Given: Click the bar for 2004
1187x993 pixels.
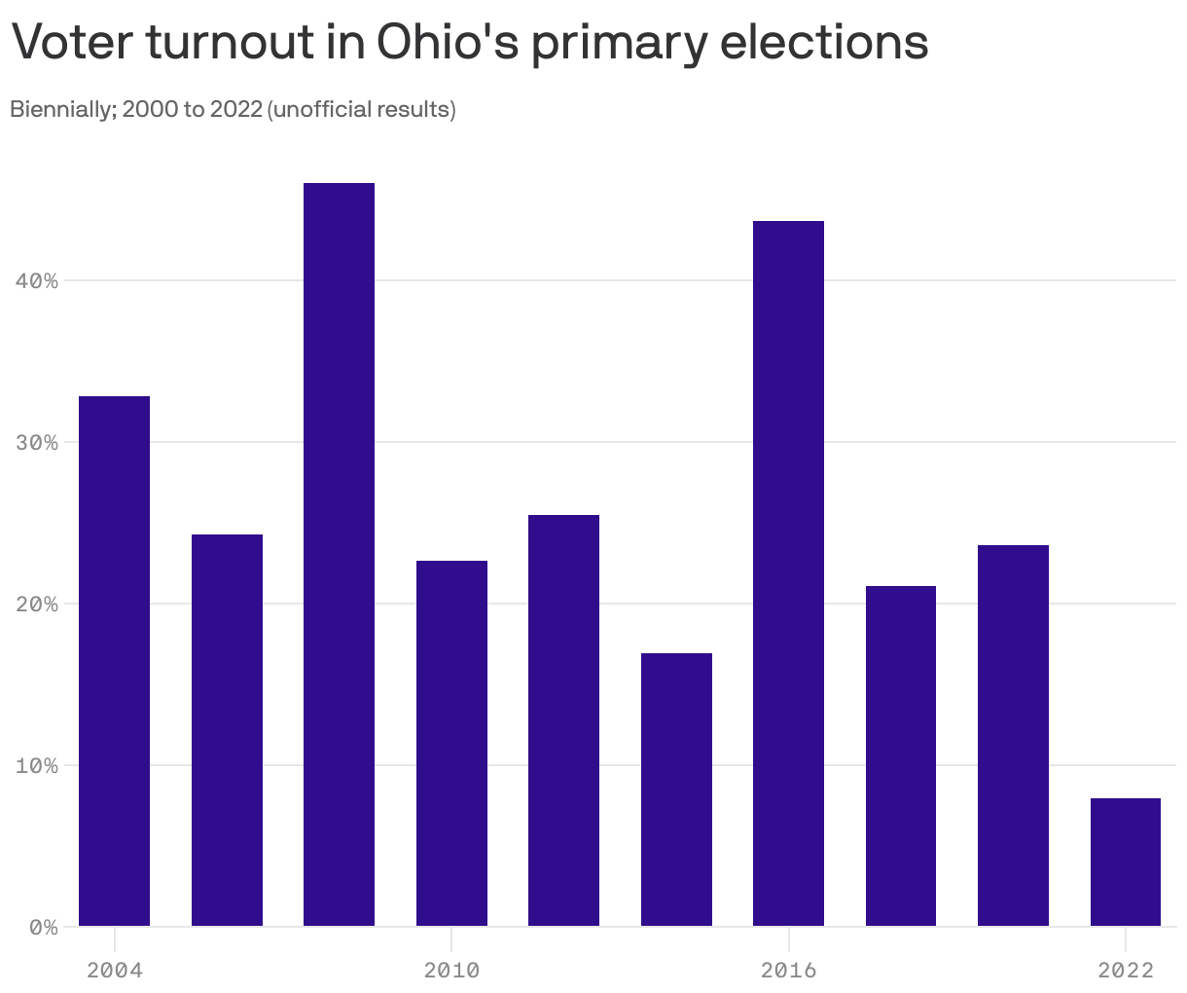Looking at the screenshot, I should pos(114,661).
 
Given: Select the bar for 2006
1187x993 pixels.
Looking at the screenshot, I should pos(227,730).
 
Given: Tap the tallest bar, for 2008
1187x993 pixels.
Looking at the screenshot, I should pos(339,554).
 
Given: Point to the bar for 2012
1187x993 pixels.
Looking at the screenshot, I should pos(563,720).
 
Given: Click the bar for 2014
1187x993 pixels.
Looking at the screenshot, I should pos(676,790).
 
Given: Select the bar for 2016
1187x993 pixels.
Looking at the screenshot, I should pos(788,573).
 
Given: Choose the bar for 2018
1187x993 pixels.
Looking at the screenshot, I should pos(901,755).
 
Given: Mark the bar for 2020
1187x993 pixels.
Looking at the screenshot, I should pos(1013,735).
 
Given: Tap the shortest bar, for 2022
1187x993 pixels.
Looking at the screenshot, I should pos(1126,862).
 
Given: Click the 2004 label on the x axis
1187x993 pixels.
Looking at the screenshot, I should pos(114,970).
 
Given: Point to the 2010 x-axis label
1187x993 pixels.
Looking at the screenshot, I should pos(451,970).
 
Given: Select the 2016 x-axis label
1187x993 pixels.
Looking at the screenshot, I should pos(788,970).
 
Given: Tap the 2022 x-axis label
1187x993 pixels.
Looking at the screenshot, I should pos(1126,970).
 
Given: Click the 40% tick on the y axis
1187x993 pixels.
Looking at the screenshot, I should pos(38,281).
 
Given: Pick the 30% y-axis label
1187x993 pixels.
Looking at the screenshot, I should pos(38,443).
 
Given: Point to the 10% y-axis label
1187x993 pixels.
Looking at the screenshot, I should pos(38,766).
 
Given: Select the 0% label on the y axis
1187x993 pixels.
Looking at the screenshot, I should pos(44,928).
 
